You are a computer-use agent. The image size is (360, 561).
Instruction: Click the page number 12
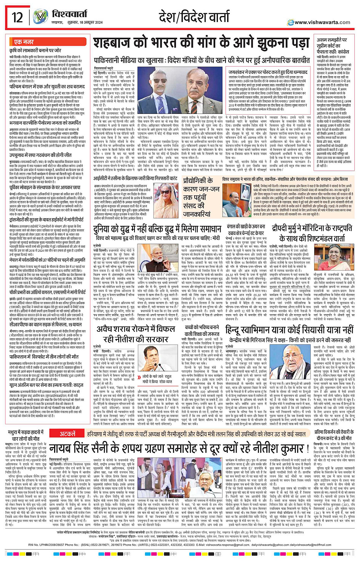pyautogui.click(x=17, y=17)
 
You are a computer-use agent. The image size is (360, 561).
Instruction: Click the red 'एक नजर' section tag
pyautogui.click(x=24, y=42)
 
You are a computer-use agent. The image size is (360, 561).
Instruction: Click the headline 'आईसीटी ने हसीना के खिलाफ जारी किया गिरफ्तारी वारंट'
pyautogui.click(x=136, y=178)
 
